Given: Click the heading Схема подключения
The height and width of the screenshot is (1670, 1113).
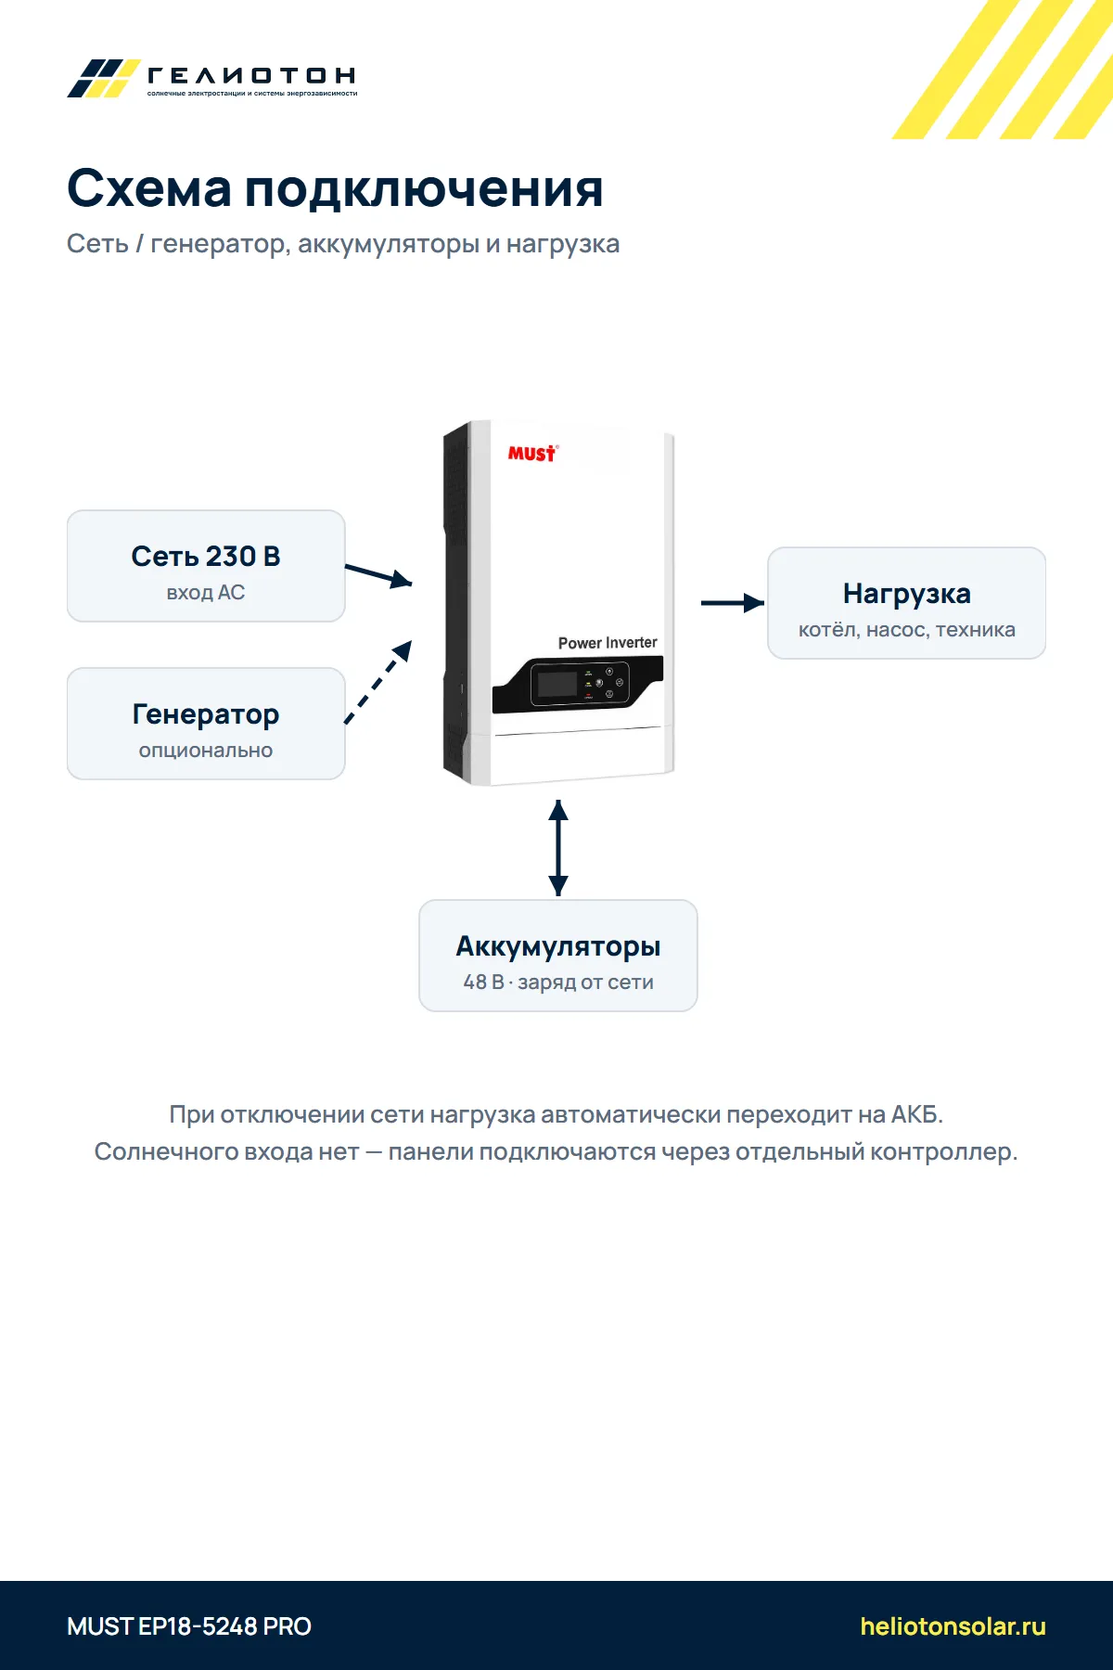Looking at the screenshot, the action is [335, 189].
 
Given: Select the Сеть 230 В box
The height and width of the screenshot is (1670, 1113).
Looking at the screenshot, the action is [206, 566].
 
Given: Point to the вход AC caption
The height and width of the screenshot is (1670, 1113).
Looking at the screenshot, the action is [206, 593].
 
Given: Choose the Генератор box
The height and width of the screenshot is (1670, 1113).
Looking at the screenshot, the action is [206, 724].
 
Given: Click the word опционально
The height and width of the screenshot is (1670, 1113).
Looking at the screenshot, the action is [206, 751].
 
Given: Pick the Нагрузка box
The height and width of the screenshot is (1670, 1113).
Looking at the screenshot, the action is [907, 603].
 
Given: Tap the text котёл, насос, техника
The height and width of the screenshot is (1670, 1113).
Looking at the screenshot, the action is [907, 630].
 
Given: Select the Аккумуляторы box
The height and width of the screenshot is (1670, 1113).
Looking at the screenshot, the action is [558, 956].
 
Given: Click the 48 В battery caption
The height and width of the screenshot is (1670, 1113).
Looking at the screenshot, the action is [558, 983].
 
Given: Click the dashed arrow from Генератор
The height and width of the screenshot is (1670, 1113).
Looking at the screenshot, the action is [378, 682].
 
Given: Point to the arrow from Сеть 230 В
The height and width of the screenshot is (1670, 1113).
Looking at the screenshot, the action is [378, 575].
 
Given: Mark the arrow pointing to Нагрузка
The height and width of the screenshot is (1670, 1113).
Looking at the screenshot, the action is [733, 603].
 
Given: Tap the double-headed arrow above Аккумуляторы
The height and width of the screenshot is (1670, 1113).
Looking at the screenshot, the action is [558, 848].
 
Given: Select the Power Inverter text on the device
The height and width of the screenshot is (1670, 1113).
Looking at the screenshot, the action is [608, 643].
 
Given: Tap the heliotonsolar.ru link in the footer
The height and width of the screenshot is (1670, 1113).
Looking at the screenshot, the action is [953, 1626].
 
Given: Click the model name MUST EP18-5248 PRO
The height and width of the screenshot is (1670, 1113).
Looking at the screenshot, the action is [189, 1626].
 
